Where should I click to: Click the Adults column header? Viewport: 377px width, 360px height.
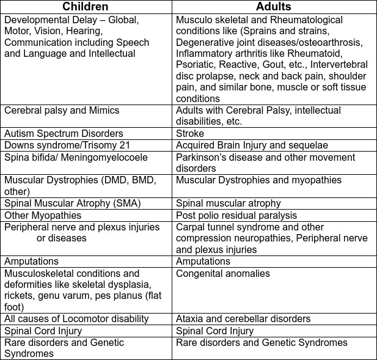tap(273, 7)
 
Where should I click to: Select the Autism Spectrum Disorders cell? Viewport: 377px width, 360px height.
tap(64, 133)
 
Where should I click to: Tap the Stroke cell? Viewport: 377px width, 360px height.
tap(191, 133)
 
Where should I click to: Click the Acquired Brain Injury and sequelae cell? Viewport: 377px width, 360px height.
tap(252, 145)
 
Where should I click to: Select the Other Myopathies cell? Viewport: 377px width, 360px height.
tap(43, 215)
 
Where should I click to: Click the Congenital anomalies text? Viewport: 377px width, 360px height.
tap(223, 273)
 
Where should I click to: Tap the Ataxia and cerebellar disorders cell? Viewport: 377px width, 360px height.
tap(243, 318)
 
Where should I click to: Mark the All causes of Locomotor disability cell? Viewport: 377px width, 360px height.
tap(76, 318)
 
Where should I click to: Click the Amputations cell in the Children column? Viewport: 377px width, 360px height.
tap(32, 261)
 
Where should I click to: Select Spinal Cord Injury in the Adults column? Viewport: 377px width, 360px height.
tap(214, 331)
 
